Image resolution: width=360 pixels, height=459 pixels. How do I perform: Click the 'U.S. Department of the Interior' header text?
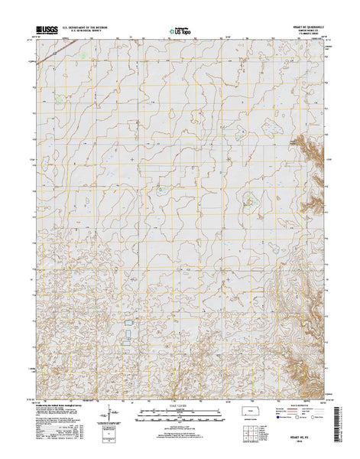[91, 28]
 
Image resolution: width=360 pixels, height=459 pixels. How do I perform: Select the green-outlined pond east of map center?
[248, 202]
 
